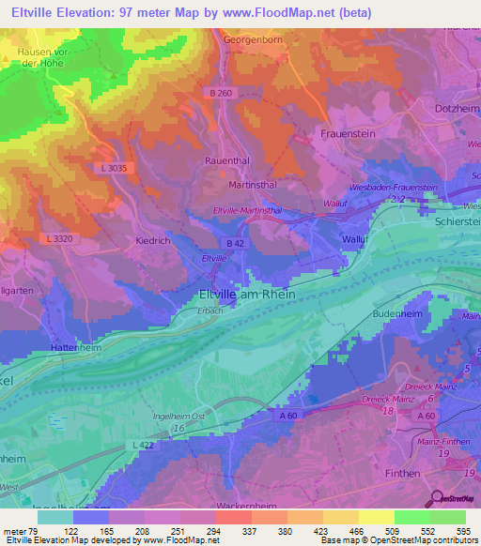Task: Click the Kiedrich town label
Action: pos(147,240)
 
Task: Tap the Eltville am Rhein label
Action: pos(247,294)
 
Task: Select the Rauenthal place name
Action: pos(227,160)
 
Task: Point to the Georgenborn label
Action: pos(254,40)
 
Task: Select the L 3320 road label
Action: pos(60,239)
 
